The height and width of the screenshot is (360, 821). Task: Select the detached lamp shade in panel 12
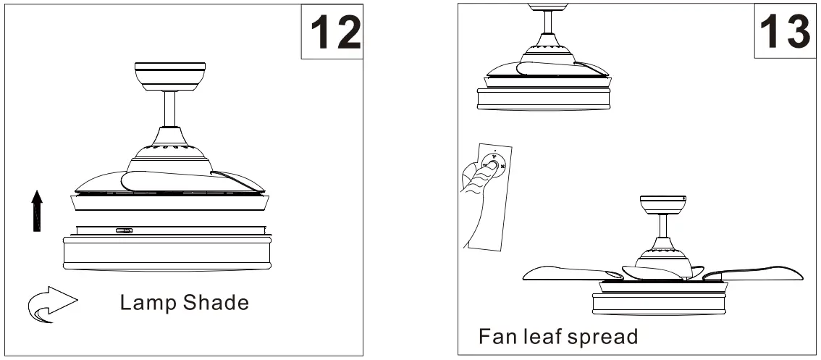tap(166, 250)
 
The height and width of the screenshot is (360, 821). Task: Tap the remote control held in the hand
tap(492, 196)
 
